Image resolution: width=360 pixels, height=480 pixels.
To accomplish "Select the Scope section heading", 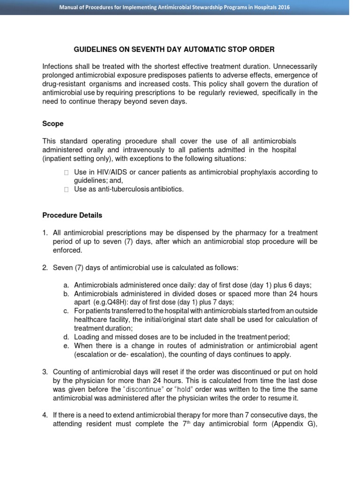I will tap(53, 124).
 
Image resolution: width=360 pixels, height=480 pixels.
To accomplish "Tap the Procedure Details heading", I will tap(72, 215).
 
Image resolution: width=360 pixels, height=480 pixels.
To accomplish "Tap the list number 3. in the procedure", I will tap(45, 372).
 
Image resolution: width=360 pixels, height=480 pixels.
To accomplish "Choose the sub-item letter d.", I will tap(66, 337).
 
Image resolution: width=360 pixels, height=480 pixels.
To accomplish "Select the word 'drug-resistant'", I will tap(64, 84).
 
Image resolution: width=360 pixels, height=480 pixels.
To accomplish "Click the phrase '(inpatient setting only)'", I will tap(78, 158).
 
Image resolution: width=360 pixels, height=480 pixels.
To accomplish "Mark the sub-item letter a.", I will tap(66, 285).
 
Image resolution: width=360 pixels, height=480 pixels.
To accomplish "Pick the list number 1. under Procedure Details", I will tap(45, 232).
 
